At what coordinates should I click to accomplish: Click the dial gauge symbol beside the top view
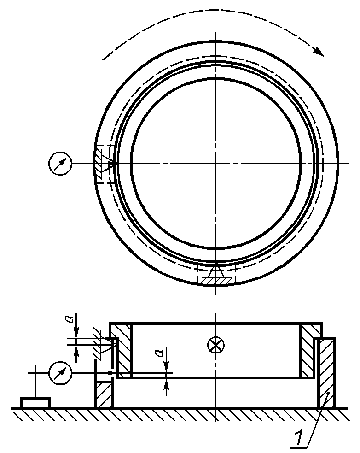[x=60, y=163]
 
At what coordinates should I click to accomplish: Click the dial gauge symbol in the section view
[x=60, y=373]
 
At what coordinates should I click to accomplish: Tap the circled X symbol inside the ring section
[x=216, y=345]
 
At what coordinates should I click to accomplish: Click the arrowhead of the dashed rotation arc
[x=319, y=51]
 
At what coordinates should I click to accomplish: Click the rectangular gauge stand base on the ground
[x=35, y=402]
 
